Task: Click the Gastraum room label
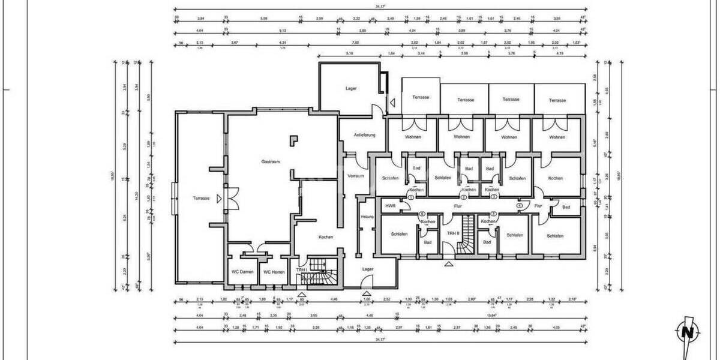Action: click(271, 162)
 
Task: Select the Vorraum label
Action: click(356, 176)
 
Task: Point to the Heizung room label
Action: click(367, 216)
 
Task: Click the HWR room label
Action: click(391, 205)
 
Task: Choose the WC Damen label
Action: click(243, 272)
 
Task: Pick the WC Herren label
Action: click(274, 272)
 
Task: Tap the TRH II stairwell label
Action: click(453, 233)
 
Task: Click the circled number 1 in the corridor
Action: click(411, 197)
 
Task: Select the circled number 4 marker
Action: click(520, 205)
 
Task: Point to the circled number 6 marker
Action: click(422, 214)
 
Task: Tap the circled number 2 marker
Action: click(463, 197)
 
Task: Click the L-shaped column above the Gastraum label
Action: click(293, 140)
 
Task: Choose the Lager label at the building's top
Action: click(351, 88)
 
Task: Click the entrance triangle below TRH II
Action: click(448, 263)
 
